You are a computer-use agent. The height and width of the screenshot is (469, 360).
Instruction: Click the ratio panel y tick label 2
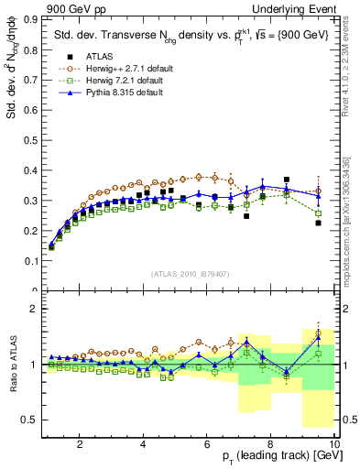click(x=34, y=309)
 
